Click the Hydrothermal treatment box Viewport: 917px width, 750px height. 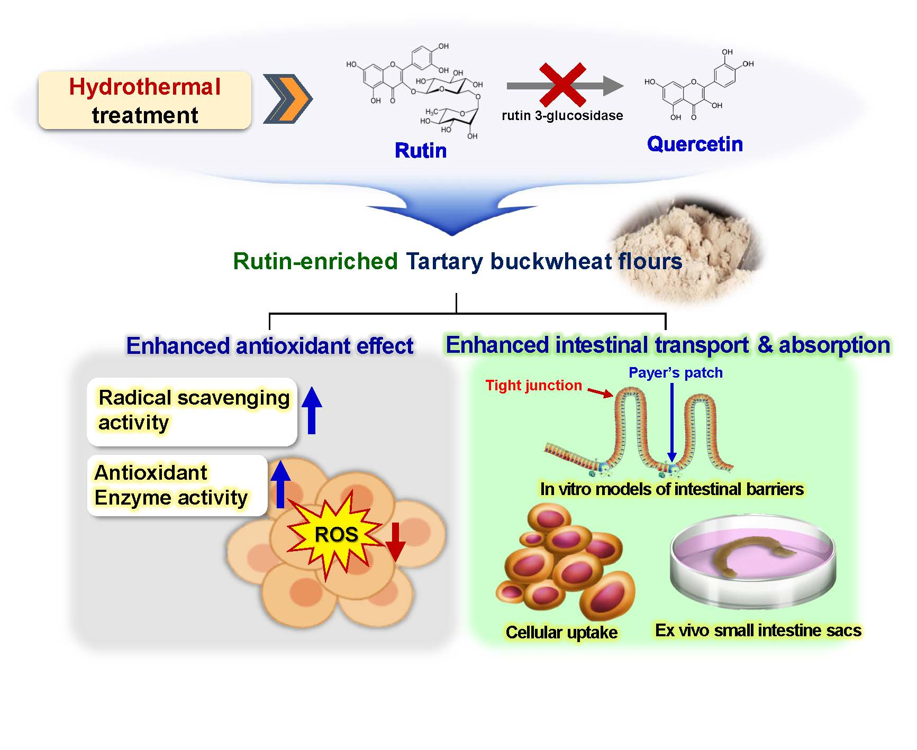(144, 100)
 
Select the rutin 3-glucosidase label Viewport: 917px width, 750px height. (562, 116)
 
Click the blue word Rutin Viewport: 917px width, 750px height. (421, 151)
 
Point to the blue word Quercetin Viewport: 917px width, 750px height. (695, 144)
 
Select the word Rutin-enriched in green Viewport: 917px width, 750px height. (315, 261)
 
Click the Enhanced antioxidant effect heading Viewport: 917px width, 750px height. (269, 346)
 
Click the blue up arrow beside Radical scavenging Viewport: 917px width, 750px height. (312, 410)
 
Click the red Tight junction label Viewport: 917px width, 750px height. (533, 386)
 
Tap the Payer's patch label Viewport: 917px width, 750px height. (675, 373)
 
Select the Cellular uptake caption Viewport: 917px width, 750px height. (561, 632)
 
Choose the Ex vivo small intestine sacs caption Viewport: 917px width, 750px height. (758, 630)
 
